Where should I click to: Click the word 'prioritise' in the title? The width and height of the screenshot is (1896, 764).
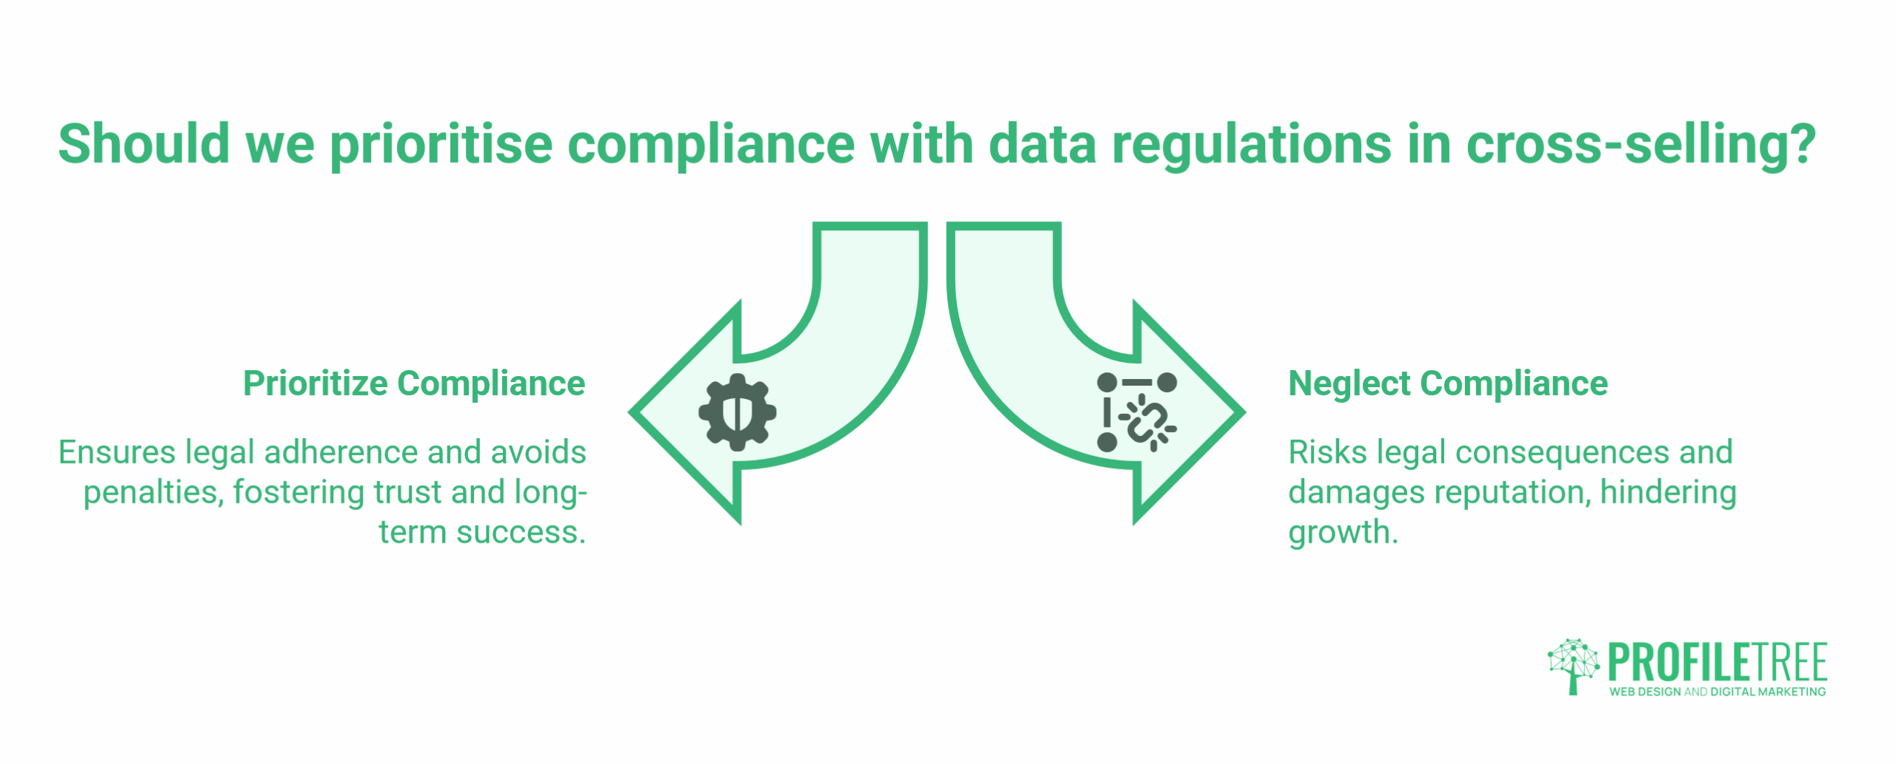[x=441, y=145]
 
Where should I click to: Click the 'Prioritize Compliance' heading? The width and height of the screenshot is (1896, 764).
[x=414, y=383]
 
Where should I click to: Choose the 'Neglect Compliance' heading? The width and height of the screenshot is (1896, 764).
[x=1448, y=383]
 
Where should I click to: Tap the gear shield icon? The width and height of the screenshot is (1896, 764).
[x=737, y=412]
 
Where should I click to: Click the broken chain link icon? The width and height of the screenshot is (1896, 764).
[x=1137, y=412]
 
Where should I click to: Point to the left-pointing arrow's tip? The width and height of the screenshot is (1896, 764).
[x=631, y=412]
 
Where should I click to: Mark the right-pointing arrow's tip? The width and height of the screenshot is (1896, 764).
[x=1244, y=412]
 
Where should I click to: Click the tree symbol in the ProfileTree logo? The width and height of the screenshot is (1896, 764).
[x=1572, y=666]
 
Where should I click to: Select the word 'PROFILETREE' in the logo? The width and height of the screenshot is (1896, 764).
[x=1718, y=663]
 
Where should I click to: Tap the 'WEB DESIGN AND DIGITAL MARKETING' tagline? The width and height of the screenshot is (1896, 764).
[x=1718, y=691]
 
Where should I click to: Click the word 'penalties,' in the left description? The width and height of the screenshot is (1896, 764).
[x=153, y=493]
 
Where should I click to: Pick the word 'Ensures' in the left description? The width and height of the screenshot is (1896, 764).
[x=116, y=452]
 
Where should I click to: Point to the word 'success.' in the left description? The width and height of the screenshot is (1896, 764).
[x=521, y=532]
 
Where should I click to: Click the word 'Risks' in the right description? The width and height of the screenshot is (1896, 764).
[x=1327, y=452]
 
